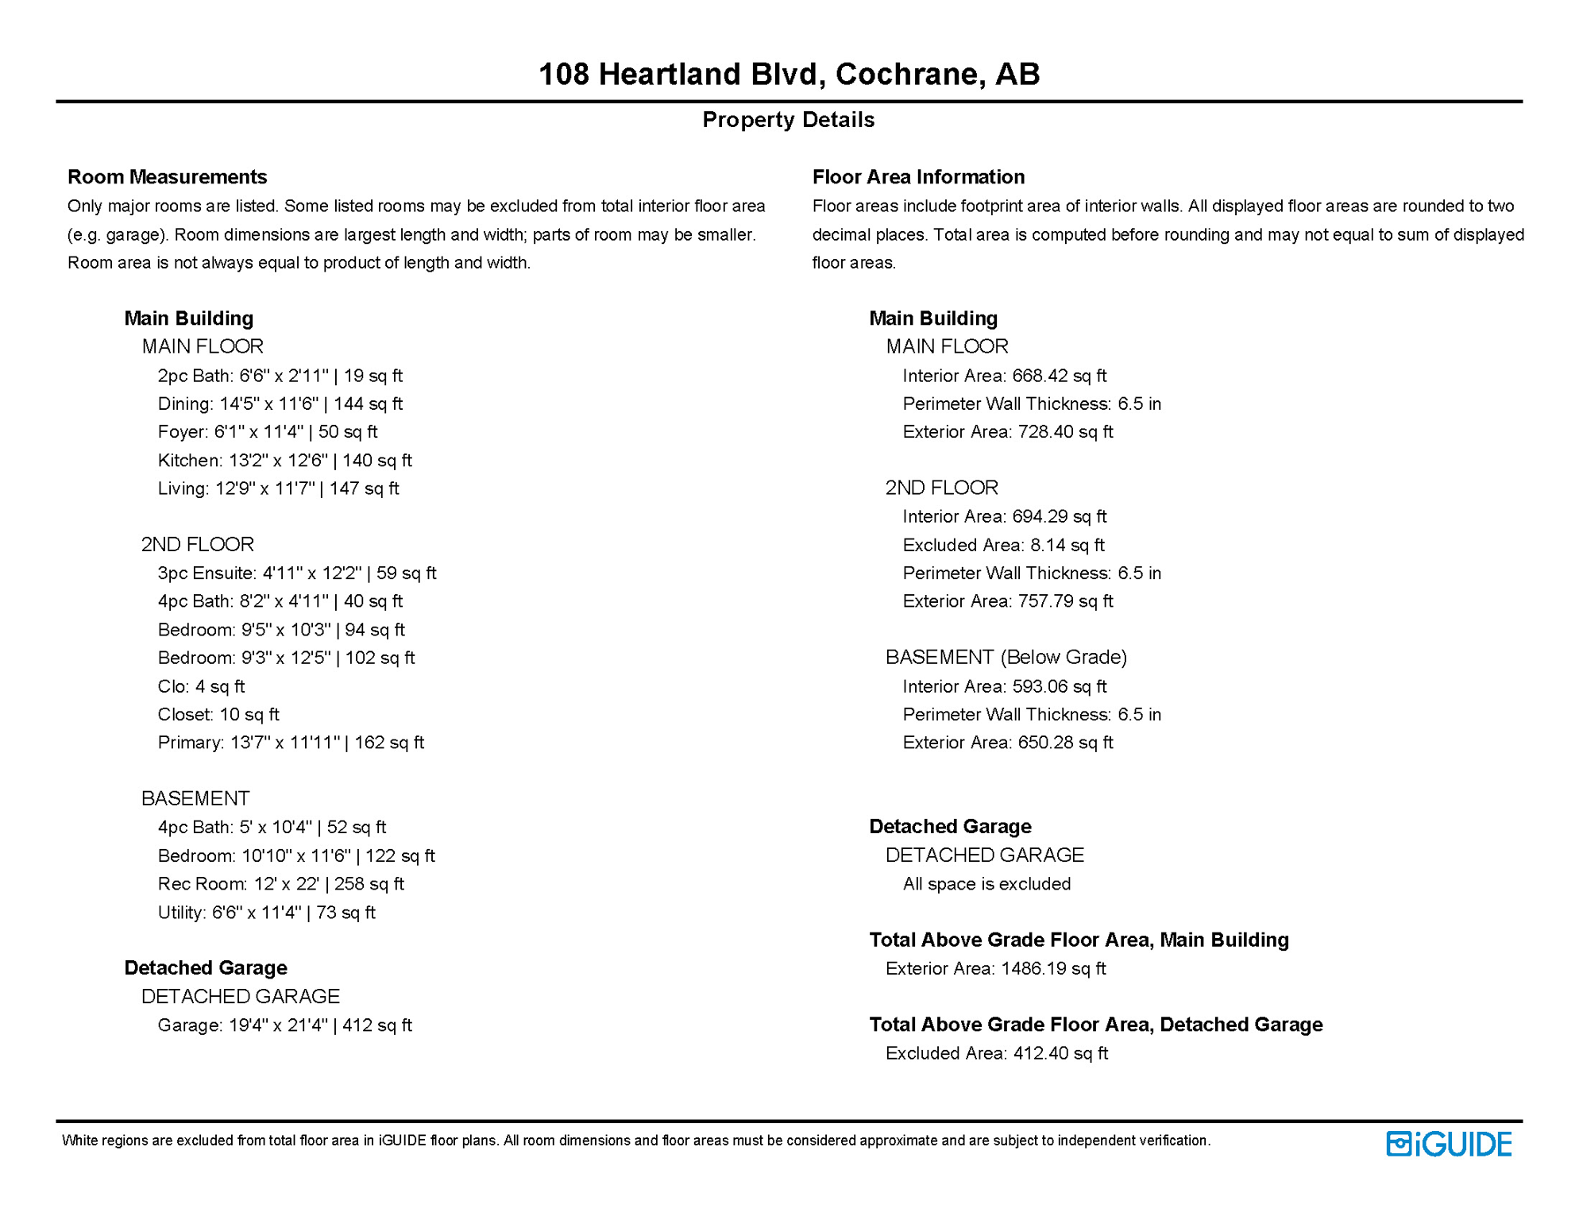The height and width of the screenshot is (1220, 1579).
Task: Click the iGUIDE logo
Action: [x=1449, y=1144]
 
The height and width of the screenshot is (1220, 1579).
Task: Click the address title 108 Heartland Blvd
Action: [x=789, y=74]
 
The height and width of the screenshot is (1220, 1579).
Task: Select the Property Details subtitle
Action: [x=788, y=120]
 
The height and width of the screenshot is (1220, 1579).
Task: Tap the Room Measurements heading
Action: [x=167, y=176]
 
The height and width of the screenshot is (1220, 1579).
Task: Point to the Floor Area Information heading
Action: [x=918, y=176]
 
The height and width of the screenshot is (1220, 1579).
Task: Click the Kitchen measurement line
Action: [x=284, y=461]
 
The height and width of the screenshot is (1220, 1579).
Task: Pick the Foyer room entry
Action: [x=267, y=432]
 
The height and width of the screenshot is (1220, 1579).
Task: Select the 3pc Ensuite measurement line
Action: [x=296, y=573]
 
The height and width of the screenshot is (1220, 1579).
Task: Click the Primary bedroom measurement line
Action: [x=291, y=743]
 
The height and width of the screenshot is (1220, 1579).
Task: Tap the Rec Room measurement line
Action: [x=280, y=884]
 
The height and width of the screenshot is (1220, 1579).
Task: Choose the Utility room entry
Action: [x=266, y=913]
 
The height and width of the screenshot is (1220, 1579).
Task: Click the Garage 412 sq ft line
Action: [x=284, y=1025]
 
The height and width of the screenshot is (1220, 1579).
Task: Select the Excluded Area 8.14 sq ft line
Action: [x=1003, y=546]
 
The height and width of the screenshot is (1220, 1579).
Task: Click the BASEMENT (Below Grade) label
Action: [x=1006, y=658]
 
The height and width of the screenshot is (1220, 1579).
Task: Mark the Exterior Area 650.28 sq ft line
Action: [x=1007, y=743]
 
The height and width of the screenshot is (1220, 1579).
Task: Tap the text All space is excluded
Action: [x=986, y=884]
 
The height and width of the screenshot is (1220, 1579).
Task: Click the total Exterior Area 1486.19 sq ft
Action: [x=995, y=969]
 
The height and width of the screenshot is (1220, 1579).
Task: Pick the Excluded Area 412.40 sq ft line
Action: [x=996, y=1054]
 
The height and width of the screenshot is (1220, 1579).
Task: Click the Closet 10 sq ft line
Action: [x=218, y=715]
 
